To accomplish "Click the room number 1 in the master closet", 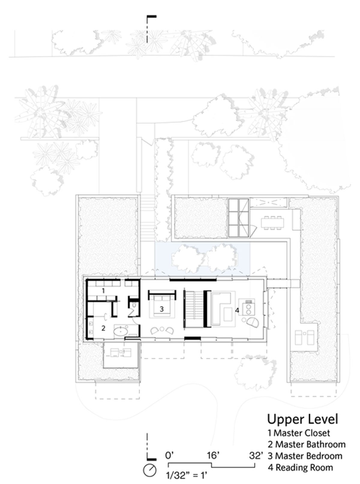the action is [x=103, y=291].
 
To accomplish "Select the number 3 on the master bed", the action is [x=161, y=309].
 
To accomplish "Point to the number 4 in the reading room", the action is [x=237, y=310].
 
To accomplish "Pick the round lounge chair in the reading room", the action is [x=253, y=322].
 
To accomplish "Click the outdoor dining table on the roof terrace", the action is [x=273, y=223].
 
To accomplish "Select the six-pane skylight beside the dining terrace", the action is [x=238, y=218].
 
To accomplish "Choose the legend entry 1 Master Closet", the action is [x=299, y=433].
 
